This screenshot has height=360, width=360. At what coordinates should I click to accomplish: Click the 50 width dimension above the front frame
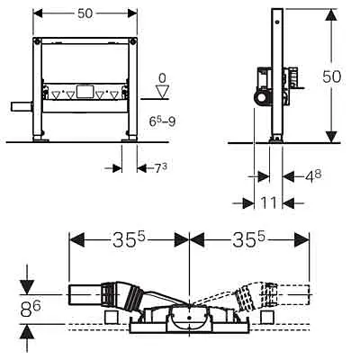pos(85,13)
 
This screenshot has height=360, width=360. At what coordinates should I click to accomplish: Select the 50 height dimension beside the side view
pos(332,76)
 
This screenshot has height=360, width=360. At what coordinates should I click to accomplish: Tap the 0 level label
pos(162,78)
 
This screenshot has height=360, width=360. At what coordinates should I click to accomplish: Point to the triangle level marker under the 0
pos(162,92)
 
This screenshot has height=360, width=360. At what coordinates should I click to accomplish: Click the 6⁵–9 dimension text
pos(162,121)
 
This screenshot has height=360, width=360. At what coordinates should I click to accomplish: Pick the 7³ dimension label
pos(160,168)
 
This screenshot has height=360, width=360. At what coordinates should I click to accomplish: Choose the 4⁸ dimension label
pos(313,176)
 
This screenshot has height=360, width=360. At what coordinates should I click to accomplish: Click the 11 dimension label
pos(268,203)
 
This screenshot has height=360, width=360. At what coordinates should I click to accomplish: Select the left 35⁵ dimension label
pos(129,240)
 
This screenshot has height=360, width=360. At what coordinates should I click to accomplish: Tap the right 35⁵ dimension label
pos(249,240)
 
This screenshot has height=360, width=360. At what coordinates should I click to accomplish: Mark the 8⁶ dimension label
pos(31,309)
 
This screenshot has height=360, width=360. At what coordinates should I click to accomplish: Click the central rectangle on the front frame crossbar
pos(84,92)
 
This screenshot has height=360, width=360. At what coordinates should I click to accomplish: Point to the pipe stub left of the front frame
pos(22,107)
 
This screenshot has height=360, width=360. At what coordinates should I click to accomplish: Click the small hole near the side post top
pos(279,22)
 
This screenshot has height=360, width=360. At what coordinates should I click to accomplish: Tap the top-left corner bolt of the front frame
pos(37,40)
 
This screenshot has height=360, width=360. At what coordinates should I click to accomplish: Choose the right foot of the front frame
pos(130,138)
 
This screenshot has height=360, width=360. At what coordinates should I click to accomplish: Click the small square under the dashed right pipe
pos(267,317)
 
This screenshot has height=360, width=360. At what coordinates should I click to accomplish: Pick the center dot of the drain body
pos(189,317)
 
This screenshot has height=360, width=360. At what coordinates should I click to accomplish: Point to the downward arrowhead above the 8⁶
pos(27,287)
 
